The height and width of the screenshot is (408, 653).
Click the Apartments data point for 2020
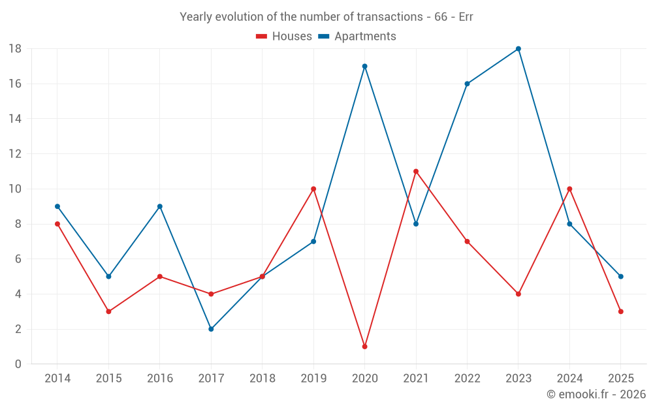[x=364, y=66]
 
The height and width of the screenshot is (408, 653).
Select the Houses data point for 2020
[x=364, y=347]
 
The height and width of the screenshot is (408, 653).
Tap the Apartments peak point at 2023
[x=518, y=49]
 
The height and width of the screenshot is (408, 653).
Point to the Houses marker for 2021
[x=416, y=172]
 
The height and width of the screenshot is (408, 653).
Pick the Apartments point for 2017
[x=211, y=329]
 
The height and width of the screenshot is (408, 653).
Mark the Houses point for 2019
[x=313, y=189]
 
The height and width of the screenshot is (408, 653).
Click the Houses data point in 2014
[x=57, y=224]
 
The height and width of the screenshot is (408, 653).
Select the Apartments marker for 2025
[x=621, y=276]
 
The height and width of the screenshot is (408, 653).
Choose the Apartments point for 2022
[x=467, y=84]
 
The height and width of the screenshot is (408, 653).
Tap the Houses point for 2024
[x=569, y=189]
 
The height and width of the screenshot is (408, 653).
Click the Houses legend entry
[x=284, y=37]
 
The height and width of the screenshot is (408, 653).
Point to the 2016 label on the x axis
[x=160, y=379]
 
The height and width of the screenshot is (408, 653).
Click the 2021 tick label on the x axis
[x=416, y=379]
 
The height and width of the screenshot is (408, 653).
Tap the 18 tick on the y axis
[x=15, y=49]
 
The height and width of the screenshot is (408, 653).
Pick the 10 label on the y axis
[x=15, y=189]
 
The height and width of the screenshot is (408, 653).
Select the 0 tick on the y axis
[x=18, y=364]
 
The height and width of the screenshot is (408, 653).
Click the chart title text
[x=326, y=17]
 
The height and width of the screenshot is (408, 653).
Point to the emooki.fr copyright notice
[x=596, y=394]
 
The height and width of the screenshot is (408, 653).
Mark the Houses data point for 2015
[x=108, y=311]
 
